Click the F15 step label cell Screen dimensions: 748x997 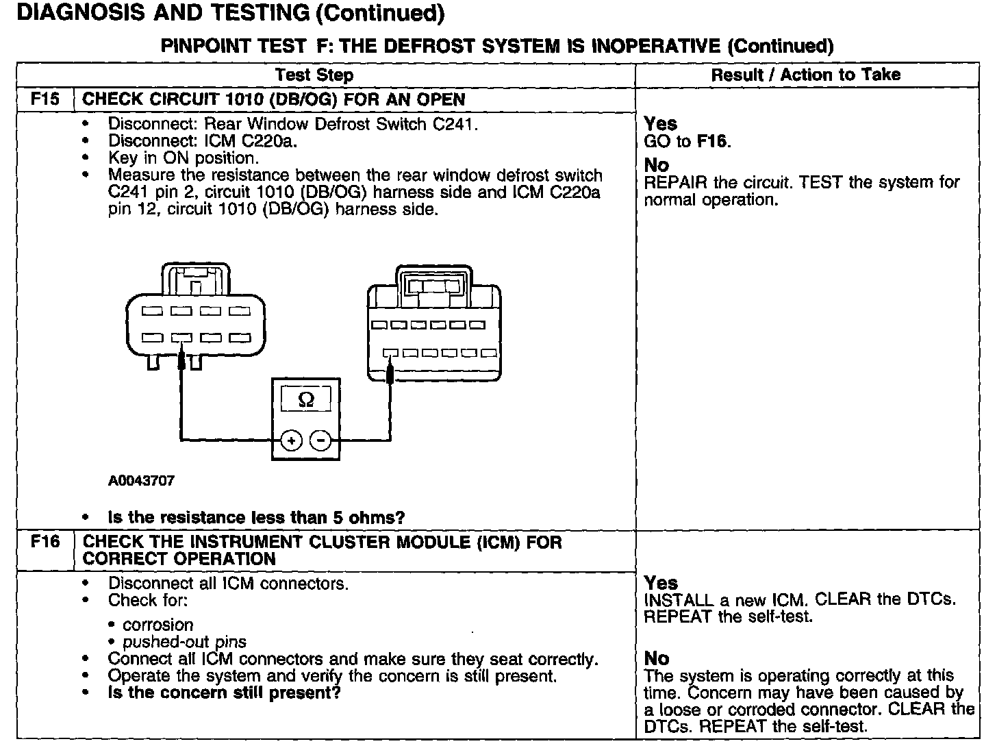(x=45, y=99)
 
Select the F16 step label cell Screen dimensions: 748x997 (x=45, y=542)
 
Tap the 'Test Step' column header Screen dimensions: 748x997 (x=314, y=75)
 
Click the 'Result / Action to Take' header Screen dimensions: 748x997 (x=806, y=75)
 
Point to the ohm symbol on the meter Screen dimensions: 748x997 (x=307, y=400)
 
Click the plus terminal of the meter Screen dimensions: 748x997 (x=292, y=440)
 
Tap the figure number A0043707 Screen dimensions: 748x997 (x=141, y=481)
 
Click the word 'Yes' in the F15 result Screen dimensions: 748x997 (x=661, y=124)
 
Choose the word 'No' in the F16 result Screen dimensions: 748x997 (x=657, y=658)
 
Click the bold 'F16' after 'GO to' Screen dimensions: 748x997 (x=712, y=142)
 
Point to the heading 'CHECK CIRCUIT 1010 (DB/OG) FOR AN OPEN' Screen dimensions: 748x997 (x=273, y=99)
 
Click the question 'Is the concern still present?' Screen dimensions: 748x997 (x=225, y=693)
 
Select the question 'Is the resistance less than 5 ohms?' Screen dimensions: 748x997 (x=257, y=517)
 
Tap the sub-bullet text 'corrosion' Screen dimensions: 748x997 (x=157, y=625)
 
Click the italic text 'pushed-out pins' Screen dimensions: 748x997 (x=184, y=643)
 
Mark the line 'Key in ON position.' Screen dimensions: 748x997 (x=183, y=158)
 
